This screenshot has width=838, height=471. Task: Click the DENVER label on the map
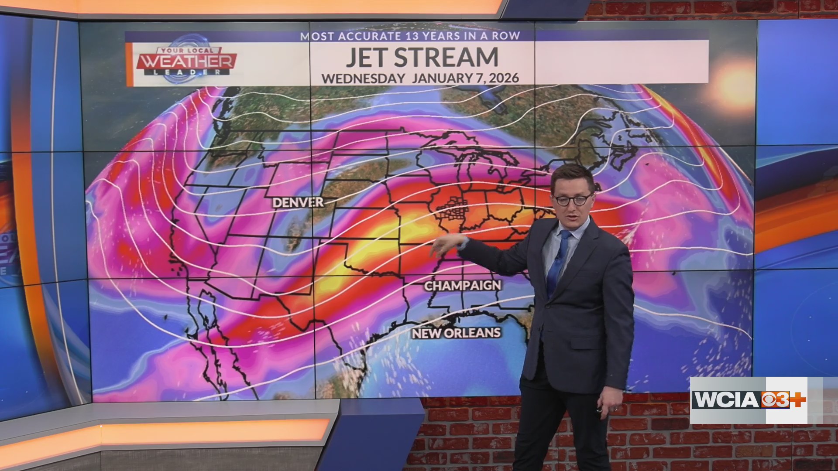pyautogui.click(x=298, y=202)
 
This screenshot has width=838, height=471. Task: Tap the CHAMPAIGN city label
pyautogui.click(x=463, y=286)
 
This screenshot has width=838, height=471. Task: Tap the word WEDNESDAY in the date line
pyautogui.click(x=363, y=78)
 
